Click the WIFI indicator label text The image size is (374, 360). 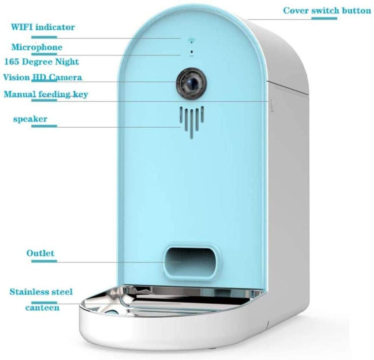43,27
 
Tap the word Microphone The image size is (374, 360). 37,47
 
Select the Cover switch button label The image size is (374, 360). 327,11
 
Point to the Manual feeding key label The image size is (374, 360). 46,94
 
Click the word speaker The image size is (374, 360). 30,119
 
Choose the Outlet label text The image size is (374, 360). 40,253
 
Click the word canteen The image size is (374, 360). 42,308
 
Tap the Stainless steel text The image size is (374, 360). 41,292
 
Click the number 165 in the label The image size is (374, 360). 12,62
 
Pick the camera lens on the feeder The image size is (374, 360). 191,82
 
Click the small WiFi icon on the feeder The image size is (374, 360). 191,40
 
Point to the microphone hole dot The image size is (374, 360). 191,52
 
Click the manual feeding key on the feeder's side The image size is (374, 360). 272,105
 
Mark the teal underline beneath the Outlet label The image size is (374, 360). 44,261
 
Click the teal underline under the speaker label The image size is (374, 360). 44,126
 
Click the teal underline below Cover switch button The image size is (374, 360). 324,18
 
